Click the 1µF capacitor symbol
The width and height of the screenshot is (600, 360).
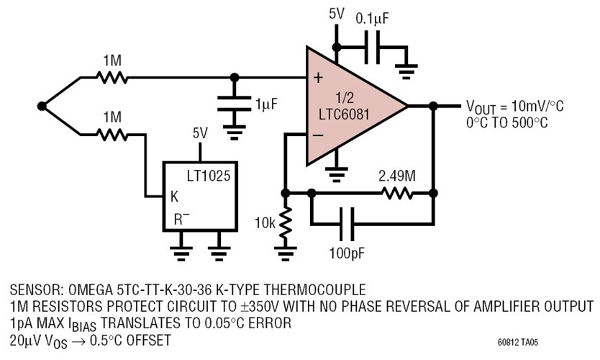tap(233, 104)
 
